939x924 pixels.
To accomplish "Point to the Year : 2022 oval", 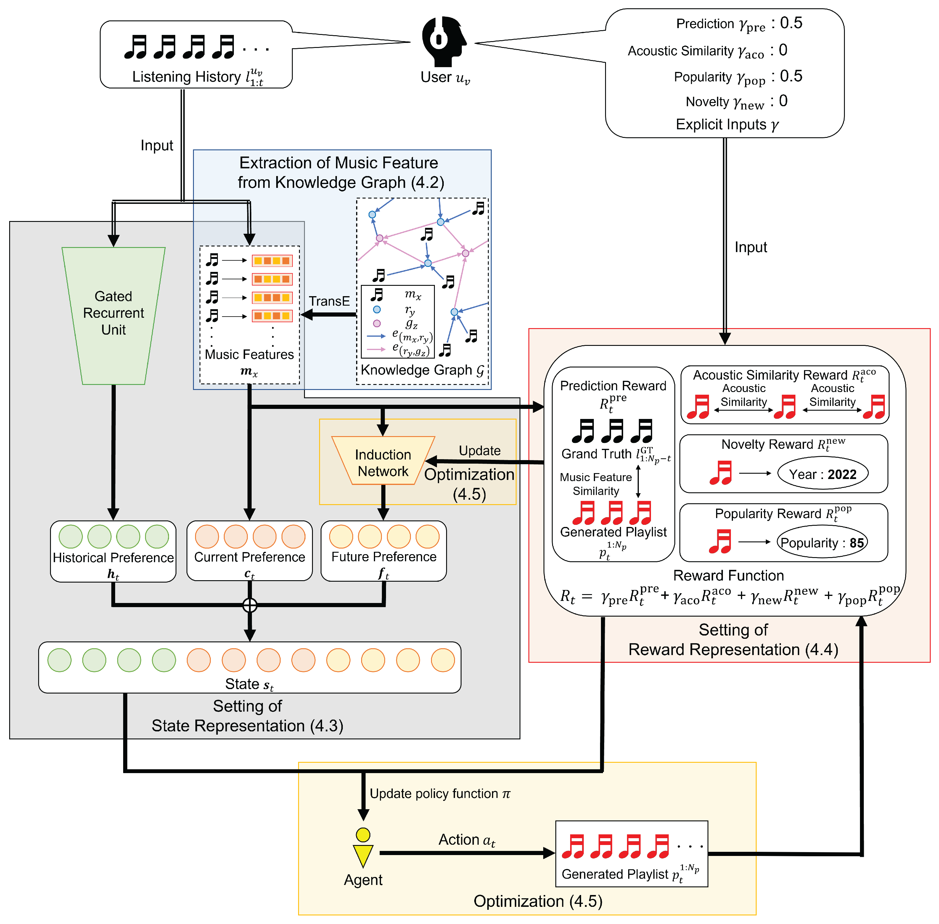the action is (823, 474).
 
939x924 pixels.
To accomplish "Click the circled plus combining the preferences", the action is (250, 605).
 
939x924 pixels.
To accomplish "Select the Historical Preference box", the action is (113, 551).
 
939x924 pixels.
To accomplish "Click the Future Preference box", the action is (384, 551).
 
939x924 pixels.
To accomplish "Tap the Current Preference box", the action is (250, 551).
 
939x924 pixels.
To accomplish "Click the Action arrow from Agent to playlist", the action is (467, 853).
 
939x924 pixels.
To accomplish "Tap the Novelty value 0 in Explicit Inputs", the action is (783, 101).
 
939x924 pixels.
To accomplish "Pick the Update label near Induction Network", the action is (480, 451).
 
